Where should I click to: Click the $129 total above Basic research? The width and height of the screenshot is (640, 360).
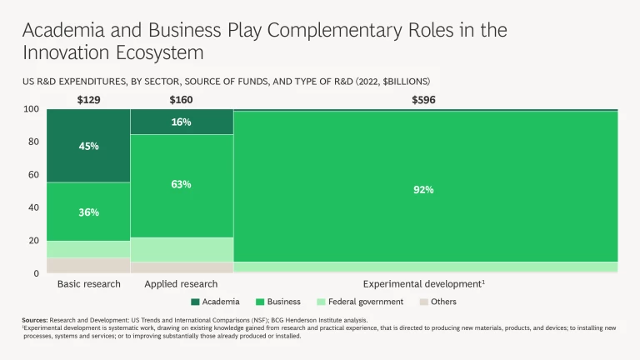click(x=88, y=100)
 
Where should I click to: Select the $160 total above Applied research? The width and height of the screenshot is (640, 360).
click(x=181, y=100)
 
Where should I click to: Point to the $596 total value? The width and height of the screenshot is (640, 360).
click(x=423, y=100)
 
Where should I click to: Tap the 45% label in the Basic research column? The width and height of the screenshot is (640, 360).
click(x=88, y=146)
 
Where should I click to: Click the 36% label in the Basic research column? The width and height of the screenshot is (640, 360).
click(x=88, y=212)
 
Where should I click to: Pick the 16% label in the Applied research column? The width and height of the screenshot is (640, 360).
click(x=181, y=122)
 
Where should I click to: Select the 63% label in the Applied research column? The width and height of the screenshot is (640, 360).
click(x=181, y=184)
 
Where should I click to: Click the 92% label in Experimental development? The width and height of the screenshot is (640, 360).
click(x=423, y=189)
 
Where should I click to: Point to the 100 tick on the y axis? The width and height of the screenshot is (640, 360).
click(x=31, y=109)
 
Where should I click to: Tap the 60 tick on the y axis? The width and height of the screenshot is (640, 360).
click(x=33, y=175)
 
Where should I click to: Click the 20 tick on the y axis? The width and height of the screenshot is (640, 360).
click(x=33, y=241)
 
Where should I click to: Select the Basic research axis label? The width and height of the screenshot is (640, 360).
click(x=88, y=284)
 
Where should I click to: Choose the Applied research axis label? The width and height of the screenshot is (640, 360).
click(x=181, y=284)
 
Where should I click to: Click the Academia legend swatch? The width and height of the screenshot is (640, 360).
click(x=196, y=302)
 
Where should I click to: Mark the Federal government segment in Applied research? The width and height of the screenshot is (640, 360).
click(x=181, y=250)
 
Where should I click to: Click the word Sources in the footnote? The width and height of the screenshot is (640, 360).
click(x=35, y=320)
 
